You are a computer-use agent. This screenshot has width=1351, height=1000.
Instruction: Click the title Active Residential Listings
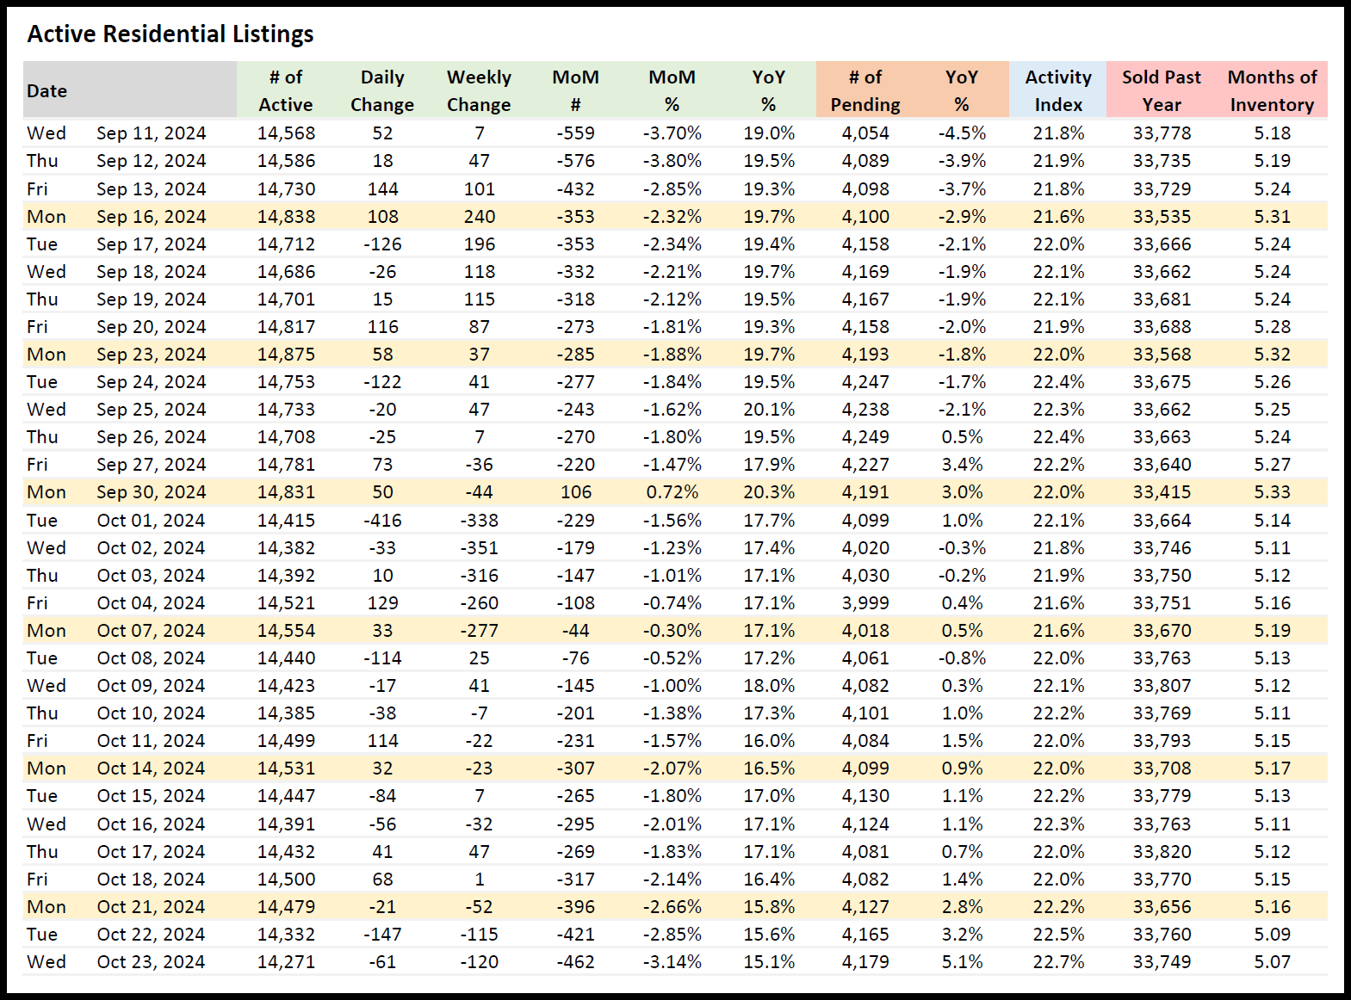pyautogui.click(x=170, y=34)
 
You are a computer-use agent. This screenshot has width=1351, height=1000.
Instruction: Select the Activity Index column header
pyautogui.click(x=1058, y=90)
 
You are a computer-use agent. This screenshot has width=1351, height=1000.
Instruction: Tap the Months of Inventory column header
pyautogui.click(x=1272, y=90)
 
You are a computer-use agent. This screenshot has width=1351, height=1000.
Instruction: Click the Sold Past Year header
pyautogui.click(x=1161, y=90)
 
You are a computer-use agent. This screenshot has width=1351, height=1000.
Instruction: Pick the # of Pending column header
pyautogui.click(x=865, y=90)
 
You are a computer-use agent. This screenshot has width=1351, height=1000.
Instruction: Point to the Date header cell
pyautogui.click(x=47, y=91)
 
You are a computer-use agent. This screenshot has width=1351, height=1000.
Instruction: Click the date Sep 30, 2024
pyautogui.click(x=152, y=492)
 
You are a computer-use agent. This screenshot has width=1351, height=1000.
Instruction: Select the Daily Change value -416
pyautogui.click(x=382, y=521)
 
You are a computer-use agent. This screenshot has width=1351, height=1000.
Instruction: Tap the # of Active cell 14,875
pyautogui.click(x=287, y=355)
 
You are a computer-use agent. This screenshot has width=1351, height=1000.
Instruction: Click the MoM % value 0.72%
pyautogui.click(x=672, y=492)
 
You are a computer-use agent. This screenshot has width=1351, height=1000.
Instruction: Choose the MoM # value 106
pyautogui.click(x=576, y=492)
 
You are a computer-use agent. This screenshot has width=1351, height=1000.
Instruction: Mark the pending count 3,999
pyautogui.click(x=865, y=603)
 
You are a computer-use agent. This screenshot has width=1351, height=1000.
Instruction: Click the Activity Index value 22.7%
pyautogui.click(x=1058, y=962)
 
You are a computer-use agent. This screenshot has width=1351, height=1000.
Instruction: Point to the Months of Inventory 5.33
pyautogui.click(x=1272, y=492)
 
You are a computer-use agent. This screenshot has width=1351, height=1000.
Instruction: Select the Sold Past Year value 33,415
pyautogui.click(x=1162, y=492)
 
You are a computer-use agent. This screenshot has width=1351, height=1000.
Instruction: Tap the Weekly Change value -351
pyautogui.click(x=479, y=548)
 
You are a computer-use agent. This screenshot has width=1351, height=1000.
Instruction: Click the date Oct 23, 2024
pyautogui.click(x=152, y=962)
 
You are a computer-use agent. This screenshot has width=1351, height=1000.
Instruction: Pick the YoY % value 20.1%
pyautogui.click(x=769, y=410)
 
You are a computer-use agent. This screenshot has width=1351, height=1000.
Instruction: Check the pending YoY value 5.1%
pyautogui.click(x=962, y=962)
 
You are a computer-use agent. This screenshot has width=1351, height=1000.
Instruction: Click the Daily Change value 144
pyautogui.click(x=382, y=189)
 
